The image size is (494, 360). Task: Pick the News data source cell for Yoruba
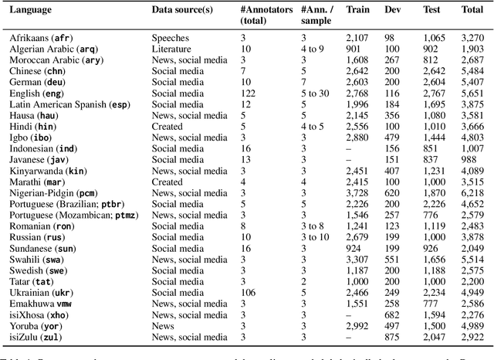click(x=164, y=327)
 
